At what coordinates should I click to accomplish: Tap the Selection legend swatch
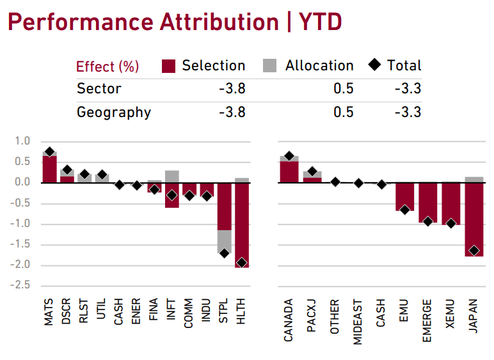click(169, 65)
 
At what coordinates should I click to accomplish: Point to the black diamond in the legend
click(375, 65)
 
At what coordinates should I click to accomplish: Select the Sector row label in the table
click(99, 88)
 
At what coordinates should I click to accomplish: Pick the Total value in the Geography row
click(408, 112)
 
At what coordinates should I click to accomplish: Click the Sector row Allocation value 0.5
click(343, 88)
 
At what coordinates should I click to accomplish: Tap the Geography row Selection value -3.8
click(232, 112)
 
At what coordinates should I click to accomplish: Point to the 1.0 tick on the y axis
click(23, 141)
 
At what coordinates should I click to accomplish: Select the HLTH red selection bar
click(241, 224)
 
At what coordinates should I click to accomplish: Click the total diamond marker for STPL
click(224, 253)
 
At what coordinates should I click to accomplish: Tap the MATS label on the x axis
click(49, 313)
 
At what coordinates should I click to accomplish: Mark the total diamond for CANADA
click(289, 156)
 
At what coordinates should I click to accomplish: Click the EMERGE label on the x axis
click(427, 320)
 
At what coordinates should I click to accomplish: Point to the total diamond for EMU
click(404, 209)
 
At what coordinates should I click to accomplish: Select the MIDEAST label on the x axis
click(358, 322)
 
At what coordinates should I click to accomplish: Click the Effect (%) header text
click(108, 67)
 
